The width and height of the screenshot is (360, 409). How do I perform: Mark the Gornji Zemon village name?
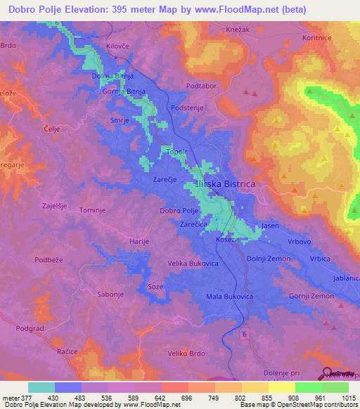coord(310,297)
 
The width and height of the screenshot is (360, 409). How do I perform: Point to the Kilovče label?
coord(118,45)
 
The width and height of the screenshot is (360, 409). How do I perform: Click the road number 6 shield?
coord(244,331)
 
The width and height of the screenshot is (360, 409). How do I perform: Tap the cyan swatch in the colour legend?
coord(41,387)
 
